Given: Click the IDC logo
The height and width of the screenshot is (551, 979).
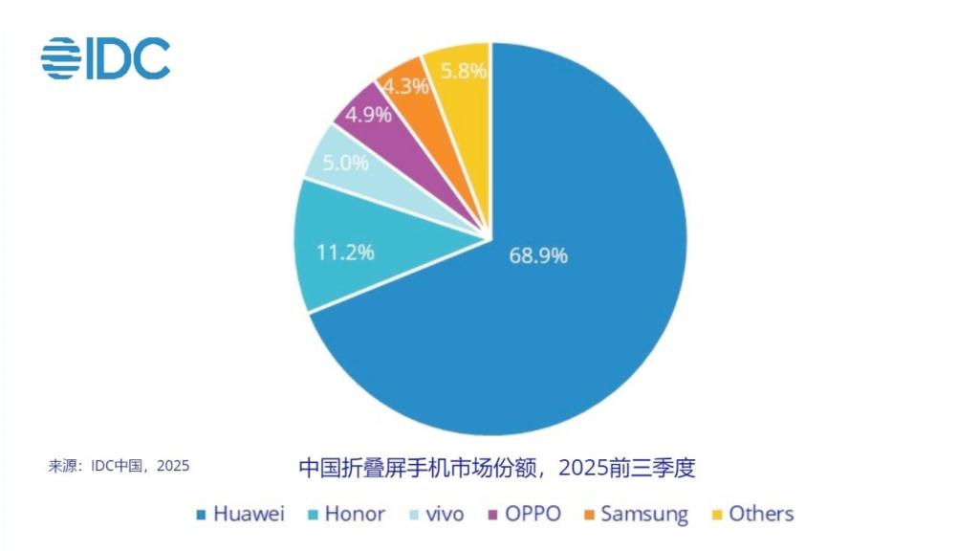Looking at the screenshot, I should coord(105,58).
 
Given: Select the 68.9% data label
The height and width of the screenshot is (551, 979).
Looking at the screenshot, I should coord(537,255).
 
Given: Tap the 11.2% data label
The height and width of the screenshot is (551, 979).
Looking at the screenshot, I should coord(345,253).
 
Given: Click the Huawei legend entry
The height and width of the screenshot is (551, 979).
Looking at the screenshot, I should coord(240,514).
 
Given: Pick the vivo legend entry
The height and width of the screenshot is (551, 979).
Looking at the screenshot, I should coord(434,514).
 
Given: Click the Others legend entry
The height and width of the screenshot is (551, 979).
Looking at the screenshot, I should coord(752,514).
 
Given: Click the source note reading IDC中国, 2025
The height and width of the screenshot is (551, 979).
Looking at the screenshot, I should coord(119,466).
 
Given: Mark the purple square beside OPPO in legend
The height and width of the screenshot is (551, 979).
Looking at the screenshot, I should coord(493,516).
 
